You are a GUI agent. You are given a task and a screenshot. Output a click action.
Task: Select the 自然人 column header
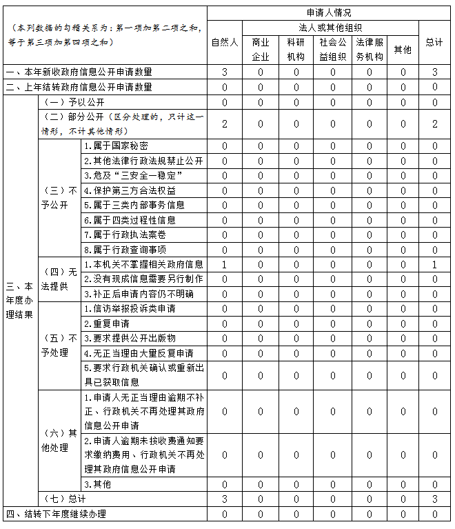tap(225, 43)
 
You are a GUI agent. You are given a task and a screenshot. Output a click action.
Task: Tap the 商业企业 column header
tap(261, 50)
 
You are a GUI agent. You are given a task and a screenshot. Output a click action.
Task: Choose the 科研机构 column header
tap(296, 50)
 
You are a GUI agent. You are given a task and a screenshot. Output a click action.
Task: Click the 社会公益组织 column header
tap(332, 50)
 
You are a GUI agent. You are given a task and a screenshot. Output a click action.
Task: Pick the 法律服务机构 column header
tap(369, 50)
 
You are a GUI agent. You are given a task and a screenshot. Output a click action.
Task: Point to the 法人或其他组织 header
tap(314, 28)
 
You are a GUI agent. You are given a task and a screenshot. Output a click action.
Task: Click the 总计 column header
tap(434, 43)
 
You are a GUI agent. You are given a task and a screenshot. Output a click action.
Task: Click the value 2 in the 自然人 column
tap(225, 123)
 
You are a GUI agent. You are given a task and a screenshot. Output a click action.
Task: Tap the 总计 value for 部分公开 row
tap(434, 123)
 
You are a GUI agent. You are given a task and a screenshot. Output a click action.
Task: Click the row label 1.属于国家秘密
tap(115, 146)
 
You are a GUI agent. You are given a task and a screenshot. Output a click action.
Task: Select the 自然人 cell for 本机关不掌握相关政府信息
tap(225, 265)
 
